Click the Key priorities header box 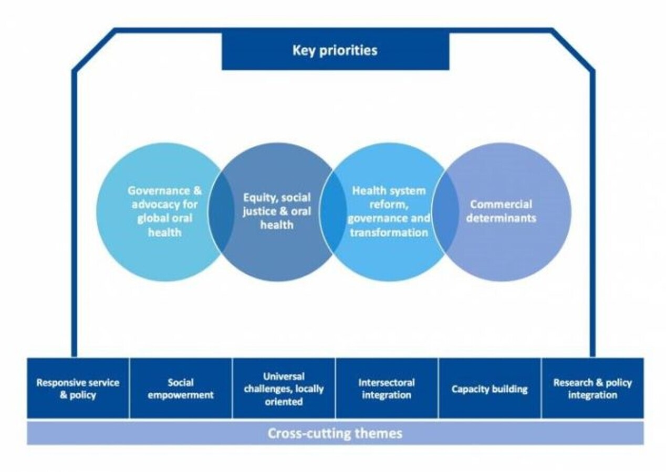point(335,51)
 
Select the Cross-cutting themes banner point(335,434)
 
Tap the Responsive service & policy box point(78,389)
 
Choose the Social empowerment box point(181,389)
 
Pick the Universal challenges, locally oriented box point(284,389)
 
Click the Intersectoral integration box point(387,389)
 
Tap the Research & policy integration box point(592,389)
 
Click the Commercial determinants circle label point(501,211)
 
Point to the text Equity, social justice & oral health point(277,211)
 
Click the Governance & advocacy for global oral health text point(164,211)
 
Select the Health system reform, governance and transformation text point(389,211)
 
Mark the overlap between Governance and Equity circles point(220,212)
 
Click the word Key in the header point(303,51)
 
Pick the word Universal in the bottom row point(284,377)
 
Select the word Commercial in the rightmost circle point(501,205)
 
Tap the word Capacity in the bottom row point(470,389)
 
